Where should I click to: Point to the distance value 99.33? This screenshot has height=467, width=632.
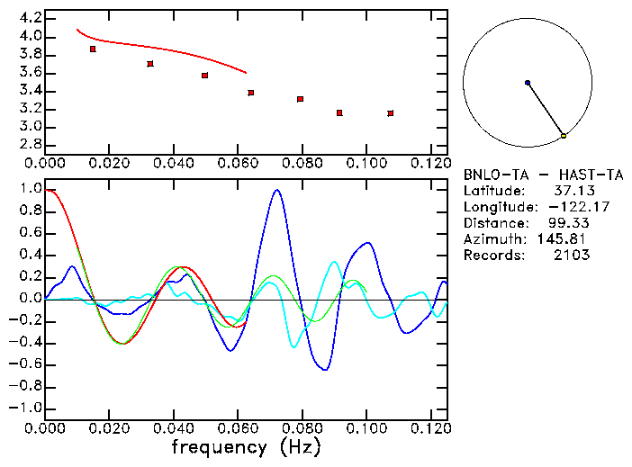[x=569, y=223]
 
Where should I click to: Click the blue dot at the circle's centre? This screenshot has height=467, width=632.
[x=528, y=83]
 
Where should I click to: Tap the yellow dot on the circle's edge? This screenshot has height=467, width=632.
[x=564, y=136]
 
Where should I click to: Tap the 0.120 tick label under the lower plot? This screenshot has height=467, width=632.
[x=430, y=428]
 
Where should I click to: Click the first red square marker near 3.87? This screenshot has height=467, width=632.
[x=93, y=49]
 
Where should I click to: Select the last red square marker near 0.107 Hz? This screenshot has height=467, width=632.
[x=390, y=113]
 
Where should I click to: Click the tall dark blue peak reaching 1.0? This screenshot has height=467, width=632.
[x=276, y=191]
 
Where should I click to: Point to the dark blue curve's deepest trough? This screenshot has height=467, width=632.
[x=325, y=369]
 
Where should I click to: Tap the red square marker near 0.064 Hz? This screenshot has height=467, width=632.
[x=251, y=93]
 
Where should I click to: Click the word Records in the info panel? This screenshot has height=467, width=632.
[x=492, y=256]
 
